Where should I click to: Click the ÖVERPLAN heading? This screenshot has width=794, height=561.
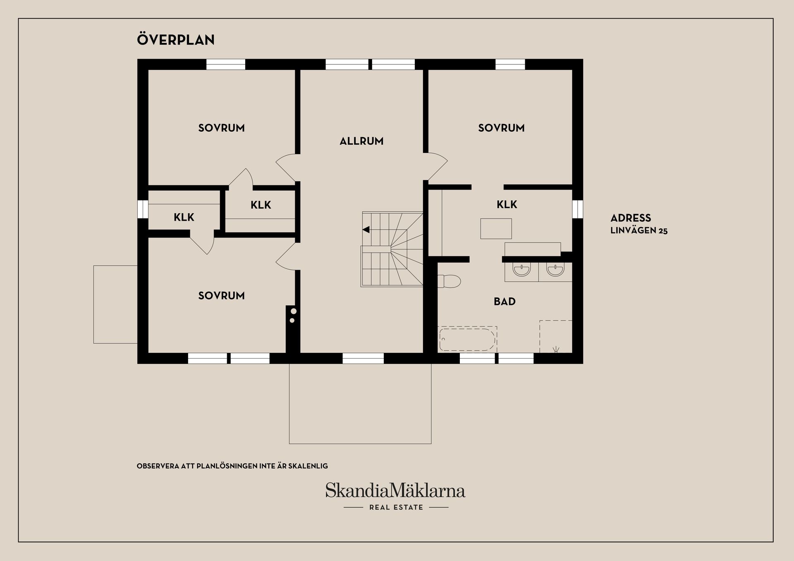(x=176, y=40)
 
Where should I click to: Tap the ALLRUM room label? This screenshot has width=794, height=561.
(x=361, y=141)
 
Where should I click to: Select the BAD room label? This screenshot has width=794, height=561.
(x=505, y=302)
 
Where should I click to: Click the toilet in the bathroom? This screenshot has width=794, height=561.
(x=449, y=281)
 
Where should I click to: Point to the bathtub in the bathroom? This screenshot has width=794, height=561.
(x=467, y=340)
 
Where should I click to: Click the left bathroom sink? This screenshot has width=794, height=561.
(x=521, y=270)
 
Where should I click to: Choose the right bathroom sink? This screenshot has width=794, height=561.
(x=555, y=270)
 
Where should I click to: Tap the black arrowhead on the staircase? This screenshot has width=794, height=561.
(x=366, y=230)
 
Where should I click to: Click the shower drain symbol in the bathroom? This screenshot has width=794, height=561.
(x=556, y=350)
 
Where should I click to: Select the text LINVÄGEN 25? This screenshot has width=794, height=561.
(x=639, y=231)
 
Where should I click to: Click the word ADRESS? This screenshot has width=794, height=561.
(x=631, y=218)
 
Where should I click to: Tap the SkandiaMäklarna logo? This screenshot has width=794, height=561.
(x=395, y=490)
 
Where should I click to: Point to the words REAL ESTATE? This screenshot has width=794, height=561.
(x=396, y=507)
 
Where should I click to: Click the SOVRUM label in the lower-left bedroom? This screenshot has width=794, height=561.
(x=221, y=296)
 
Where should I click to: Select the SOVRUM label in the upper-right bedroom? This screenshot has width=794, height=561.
(x=501, y=128)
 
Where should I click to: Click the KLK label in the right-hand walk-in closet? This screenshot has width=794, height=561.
(x=507, y=204)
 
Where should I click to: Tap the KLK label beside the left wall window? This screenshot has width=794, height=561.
(x=184, y=217)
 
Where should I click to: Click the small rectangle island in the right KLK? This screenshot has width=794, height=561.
(x=496, y=228)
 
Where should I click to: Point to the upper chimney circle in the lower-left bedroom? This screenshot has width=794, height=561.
(x=293, y=311)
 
